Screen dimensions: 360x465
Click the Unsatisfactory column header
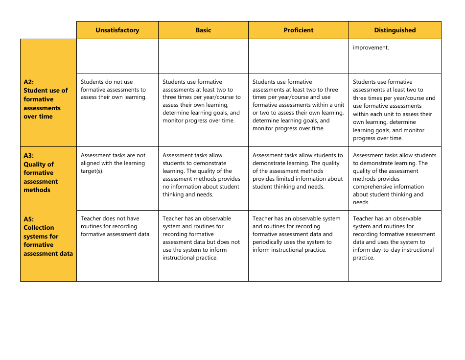pos(117,30)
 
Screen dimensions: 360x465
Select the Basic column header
pos(203,30)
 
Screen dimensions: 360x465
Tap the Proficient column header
pos(298,30)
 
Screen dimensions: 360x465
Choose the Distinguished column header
pos(395,30)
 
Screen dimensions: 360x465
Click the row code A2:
pos(29,82)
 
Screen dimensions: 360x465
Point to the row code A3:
pos(29,155)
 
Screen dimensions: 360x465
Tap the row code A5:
pos(29,219)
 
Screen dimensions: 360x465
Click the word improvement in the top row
pos(371,48)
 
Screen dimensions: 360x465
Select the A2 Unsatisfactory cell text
pos(113,90)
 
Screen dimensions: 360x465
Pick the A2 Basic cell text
pos(202,101)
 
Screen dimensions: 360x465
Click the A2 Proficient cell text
pos(298,105)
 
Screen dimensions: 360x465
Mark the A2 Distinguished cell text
pos(394,110)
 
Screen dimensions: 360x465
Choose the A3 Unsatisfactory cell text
pos(113,163)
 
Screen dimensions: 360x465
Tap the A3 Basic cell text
pos(201,175)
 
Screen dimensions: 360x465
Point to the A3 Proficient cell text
pos(298,171)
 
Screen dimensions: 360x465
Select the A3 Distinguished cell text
pos(394,179)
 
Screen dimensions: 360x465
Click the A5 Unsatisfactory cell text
pos(116,226)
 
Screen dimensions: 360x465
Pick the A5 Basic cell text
pos(201,238)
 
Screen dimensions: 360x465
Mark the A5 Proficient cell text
pos(296,234)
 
